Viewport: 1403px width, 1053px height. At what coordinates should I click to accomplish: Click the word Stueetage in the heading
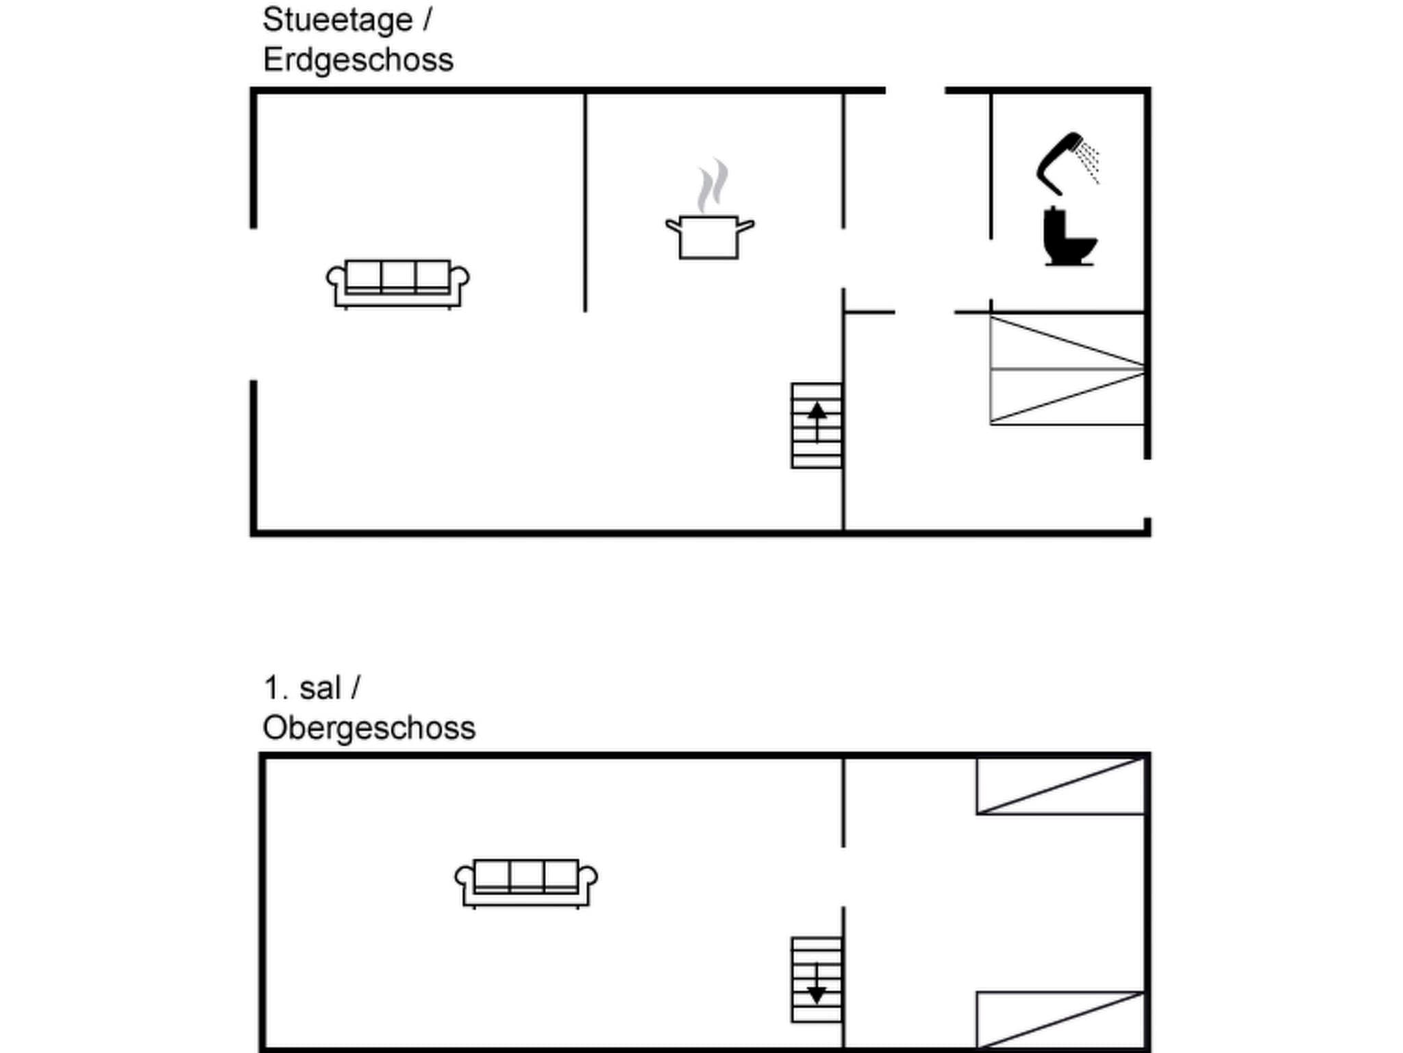pyautogui.click(x=337, y=20)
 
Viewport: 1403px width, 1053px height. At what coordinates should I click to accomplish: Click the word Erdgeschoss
pyautogui.click(x=358, y=60)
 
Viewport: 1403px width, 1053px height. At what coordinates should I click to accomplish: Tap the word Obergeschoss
pyautogui.click(x=369, y=728)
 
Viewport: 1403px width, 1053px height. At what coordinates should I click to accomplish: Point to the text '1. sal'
pyautogui.click(x=302, y=688)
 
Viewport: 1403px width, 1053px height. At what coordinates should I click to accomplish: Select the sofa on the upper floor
pyautogui.click(x=525, y=883)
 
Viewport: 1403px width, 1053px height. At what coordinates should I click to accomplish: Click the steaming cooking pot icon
pyautogui.click(x=710, y=237)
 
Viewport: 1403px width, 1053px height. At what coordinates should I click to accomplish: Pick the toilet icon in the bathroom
pyautogui.click(x=1067, y=237)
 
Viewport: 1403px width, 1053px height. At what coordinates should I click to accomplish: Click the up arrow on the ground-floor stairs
pyautogui.click(x=817, y=415)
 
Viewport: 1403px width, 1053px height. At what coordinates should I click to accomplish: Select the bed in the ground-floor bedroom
pyautogui.click(x=1067, y=370)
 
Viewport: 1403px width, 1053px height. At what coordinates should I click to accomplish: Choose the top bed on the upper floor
pyautogui.click(x=1060, y=786)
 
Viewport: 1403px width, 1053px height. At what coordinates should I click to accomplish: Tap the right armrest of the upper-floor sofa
pyautogui.click(x=588, y=878)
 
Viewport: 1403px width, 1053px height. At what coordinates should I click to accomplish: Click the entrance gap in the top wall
pyautogui.click(x=915, y=90)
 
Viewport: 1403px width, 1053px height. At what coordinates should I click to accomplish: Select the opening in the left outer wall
pyautogui.click(x=253, y=304)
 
